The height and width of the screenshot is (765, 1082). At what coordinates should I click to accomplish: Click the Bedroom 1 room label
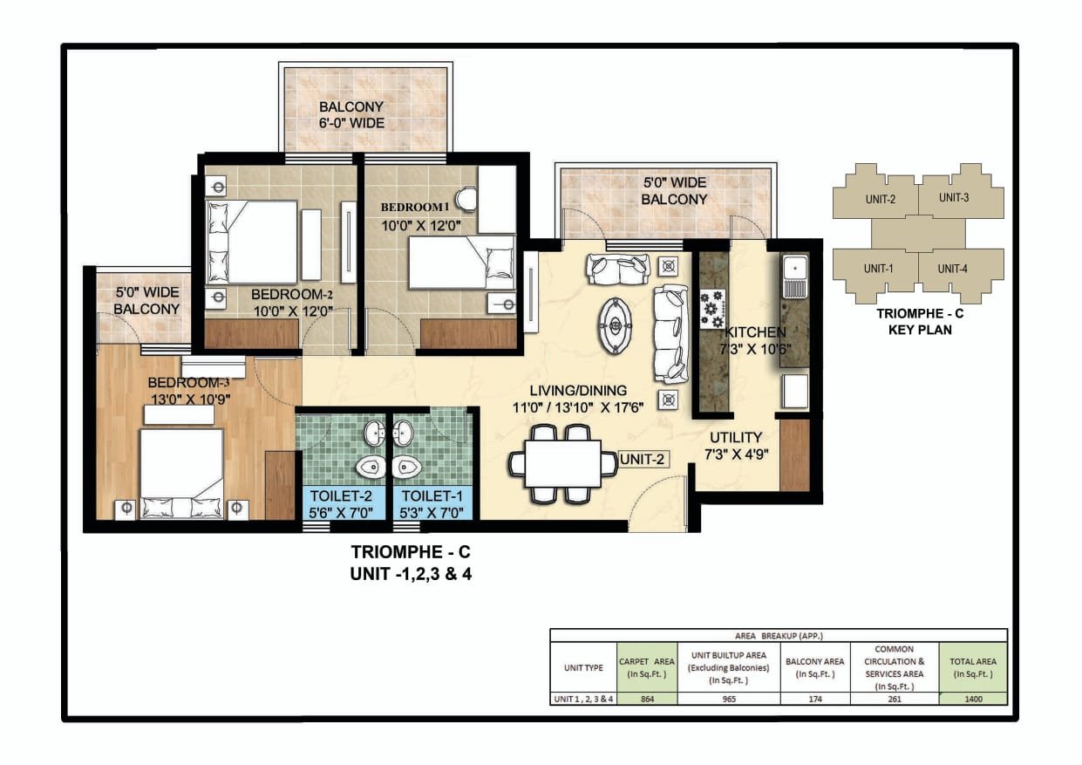(415, 208)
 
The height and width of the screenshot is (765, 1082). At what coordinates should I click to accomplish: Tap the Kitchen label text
(755, 332)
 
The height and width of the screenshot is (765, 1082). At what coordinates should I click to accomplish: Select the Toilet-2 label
(341, 495)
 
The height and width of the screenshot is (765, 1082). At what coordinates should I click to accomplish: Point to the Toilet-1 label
(432, 495)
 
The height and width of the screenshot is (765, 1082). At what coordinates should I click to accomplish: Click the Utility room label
(736, 437)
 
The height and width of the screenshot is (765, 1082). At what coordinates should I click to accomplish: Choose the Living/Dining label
(578, 391)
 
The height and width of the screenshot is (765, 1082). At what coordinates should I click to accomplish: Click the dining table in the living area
(563, 464)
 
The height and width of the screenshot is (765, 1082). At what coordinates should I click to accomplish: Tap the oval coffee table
(615, 325)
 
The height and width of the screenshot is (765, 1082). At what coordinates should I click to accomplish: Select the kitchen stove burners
(712, 309)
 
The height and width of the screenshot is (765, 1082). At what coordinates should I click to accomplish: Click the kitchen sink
(794, 276)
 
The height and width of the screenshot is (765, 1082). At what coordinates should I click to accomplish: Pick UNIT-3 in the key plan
(954, 198)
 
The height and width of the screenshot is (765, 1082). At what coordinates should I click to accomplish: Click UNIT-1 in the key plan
(878, 269)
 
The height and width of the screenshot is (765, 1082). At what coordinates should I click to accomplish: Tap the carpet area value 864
(647, 700)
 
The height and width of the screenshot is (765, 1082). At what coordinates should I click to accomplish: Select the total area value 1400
(973, 700)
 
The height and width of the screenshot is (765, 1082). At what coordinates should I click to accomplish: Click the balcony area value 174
(815, 700)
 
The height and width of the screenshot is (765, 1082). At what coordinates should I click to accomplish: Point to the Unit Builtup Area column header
(728, 668)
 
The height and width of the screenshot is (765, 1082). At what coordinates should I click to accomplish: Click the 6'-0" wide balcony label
(351, 114)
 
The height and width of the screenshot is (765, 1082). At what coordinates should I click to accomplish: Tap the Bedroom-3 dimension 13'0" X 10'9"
(190, 400)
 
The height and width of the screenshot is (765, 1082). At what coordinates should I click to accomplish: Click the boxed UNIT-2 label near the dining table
(643, 459)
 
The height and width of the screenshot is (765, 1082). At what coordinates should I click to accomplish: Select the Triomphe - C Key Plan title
(920, 322)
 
